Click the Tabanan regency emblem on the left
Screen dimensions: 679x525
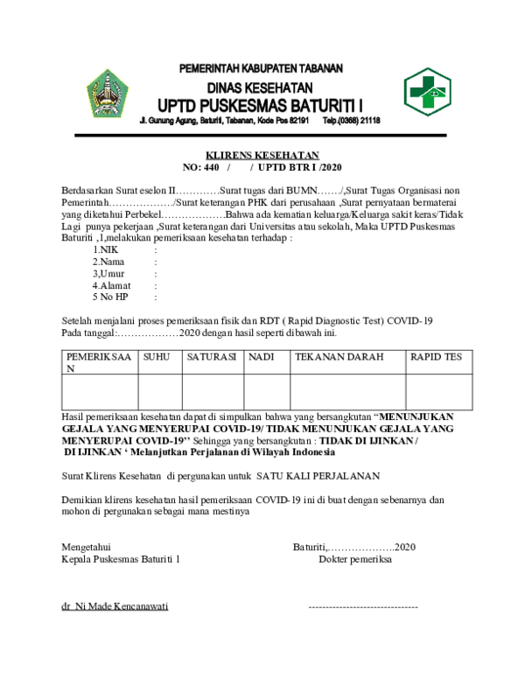(x=107, y=93)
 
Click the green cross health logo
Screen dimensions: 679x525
(x=427, y=91)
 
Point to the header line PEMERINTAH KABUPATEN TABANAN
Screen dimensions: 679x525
(x=261, y=68)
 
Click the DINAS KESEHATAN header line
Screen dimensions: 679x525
(x=260, y=87)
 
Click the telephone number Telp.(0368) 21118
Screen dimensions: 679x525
(x=352, y=120)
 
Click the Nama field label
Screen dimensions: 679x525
(x=108, y=261)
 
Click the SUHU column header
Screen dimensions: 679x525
(x=157, y=357)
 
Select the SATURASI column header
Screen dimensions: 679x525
(x=211, y=357)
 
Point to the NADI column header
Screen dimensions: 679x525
(x=262, y=357)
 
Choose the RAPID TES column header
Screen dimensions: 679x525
(x=437, y=357)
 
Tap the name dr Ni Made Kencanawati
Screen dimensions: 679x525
(x=115, y=606)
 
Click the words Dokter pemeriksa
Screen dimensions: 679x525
(x=354, y=558)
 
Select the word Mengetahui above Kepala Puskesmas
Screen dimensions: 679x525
(x=87, y=547)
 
